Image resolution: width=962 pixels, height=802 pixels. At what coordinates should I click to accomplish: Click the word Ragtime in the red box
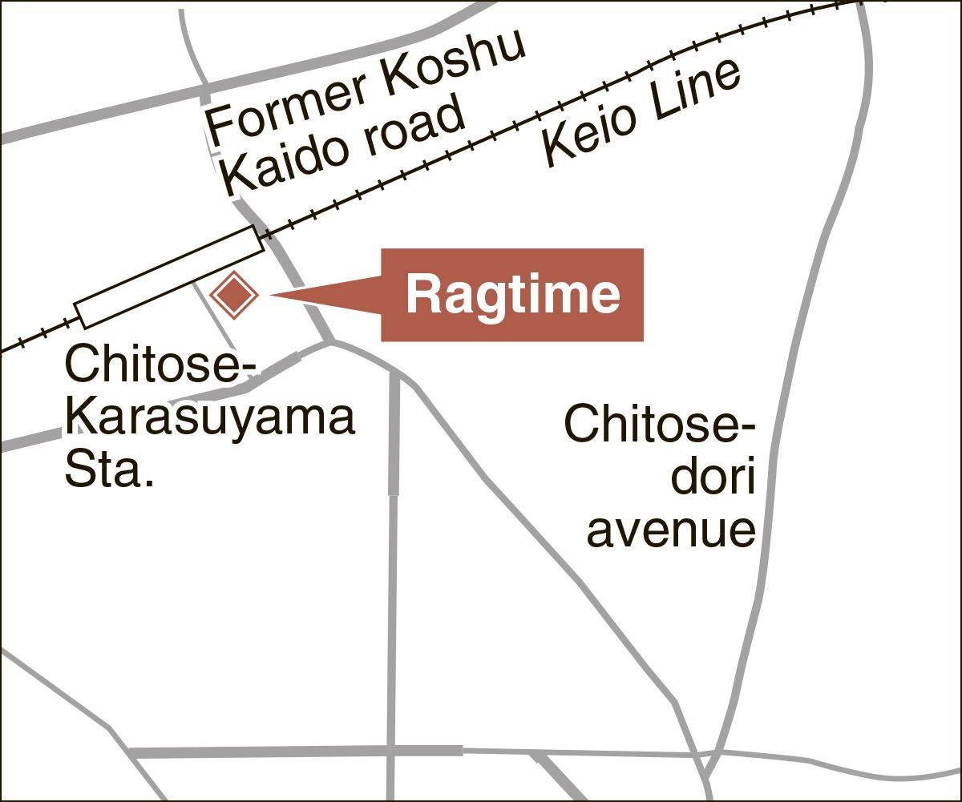[x=512, y=295]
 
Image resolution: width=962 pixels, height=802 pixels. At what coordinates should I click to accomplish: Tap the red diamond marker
[x=233, y=296]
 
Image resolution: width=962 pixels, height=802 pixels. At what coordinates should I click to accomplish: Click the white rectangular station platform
[x=169, y=277]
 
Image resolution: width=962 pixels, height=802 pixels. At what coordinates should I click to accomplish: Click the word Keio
[x=589, y=133]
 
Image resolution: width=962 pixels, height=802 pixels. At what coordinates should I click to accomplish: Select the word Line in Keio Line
[x=693, y=92]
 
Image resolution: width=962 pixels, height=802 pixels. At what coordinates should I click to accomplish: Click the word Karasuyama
[x=209, y=418]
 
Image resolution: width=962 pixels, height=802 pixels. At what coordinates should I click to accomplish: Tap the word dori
[x=713, y=478]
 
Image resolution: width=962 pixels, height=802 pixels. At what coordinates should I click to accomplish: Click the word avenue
[x=672, y=530]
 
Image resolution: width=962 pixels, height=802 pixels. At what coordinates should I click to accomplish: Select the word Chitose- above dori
[x=660, y=425]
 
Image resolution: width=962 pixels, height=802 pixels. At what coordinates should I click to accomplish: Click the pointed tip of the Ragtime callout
[x=273, y=295]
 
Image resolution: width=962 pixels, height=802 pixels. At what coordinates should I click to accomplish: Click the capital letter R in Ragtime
[x=422, y=294]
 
